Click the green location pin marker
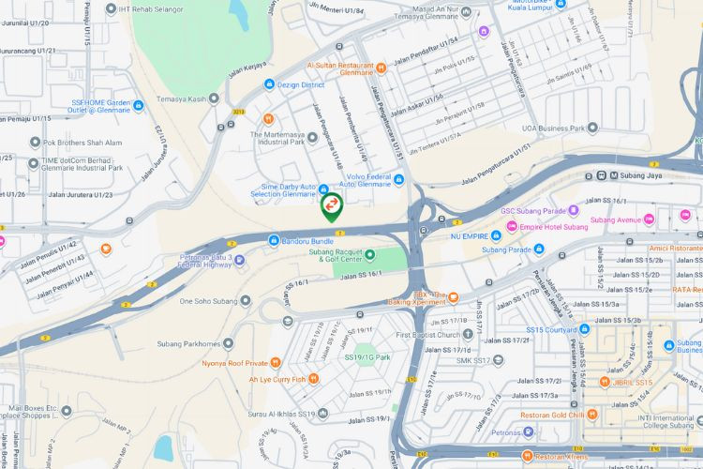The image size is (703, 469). tap(331, 205)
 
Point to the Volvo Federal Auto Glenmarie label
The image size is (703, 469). tap(356, 178)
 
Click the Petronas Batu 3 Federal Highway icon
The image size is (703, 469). tap(239, 259)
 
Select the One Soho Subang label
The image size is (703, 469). tap(205, 301)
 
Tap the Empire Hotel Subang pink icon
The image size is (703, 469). tap(511, 227)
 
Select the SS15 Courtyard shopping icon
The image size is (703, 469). tap(584, 329)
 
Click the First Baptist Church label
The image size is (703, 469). tap(427, 335)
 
